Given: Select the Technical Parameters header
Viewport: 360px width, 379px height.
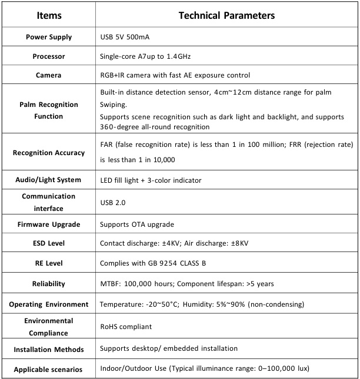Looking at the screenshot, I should pyautogui.click(x=226, y=15).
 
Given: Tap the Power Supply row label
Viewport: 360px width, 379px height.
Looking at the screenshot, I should pyautogui.click(x=49, y=37).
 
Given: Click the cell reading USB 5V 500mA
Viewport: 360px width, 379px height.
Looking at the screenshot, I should pyautogui.click(x=125, y=37).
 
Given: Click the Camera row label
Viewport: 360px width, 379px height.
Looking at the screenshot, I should pyautogui.click(x=49, y=75).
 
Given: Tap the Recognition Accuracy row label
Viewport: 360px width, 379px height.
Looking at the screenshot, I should pyautogui.click(x=49, y=153).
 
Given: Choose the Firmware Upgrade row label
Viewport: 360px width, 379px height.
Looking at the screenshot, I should pyautogui.click(x=49, y=224).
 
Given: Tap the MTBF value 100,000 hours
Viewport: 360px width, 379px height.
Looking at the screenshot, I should pyautogui.click(x=153, y=284).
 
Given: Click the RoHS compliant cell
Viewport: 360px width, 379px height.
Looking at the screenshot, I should pyautogui.click(x=126, y=327).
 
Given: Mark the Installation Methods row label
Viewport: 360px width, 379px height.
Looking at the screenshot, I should pyautogui.click(x=49, y=350).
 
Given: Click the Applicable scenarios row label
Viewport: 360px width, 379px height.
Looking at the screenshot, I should pyautogui.click(x=49, y=370).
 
